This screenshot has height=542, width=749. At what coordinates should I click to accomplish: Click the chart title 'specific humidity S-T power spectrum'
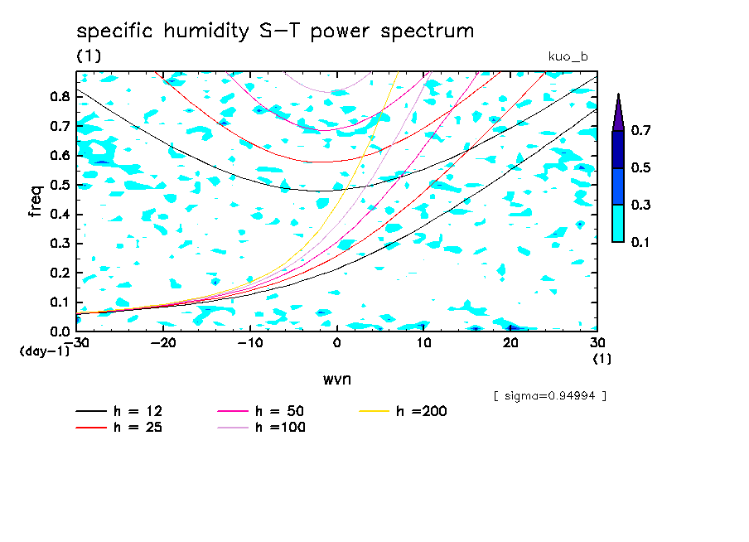(275, 32)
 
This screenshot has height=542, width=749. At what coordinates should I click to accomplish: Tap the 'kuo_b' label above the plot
(568, 56)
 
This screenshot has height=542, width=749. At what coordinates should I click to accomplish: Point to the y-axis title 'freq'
(36, 201)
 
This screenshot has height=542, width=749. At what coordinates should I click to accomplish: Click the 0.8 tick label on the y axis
(58, 96)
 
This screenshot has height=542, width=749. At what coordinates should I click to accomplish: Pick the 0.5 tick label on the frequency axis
(58, 185)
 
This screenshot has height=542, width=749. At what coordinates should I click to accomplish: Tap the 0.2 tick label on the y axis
(58, 273)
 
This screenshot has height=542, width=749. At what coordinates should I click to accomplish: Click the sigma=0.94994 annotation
(549, 395)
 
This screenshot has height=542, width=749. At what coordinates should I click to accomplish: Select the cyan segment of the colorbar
(618, 224)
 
